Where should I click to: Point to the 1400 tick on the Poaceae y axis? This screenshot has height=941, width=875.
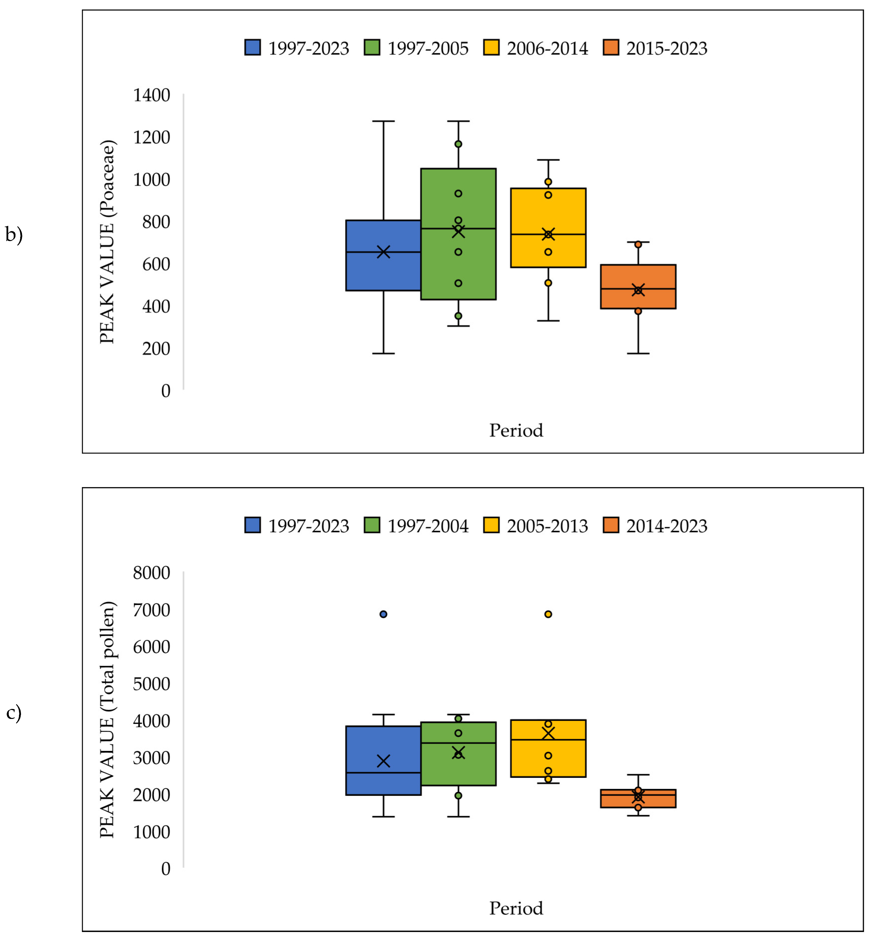[x=151, y=95]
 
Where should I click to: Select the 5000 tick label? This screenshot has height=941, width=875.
[x=151, y=684]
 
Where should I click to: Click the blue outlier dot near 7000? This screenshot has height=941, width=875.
[x=383, y=615]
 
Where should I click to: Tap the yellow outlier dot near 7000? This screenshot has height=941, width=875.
[x=548, y=615]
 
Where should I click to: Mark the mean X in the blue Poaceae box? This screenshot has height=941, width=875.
[x=383, y=252]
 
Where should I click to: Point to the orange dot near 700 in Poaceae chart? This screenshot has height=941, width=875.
[x=638, y=244]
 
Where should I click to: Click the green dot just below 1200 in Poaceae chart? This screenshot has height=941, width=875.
[x=458, y=144]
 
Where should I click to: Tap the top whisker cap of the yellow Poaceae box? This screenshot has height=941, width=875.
[x=548, y=160]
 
